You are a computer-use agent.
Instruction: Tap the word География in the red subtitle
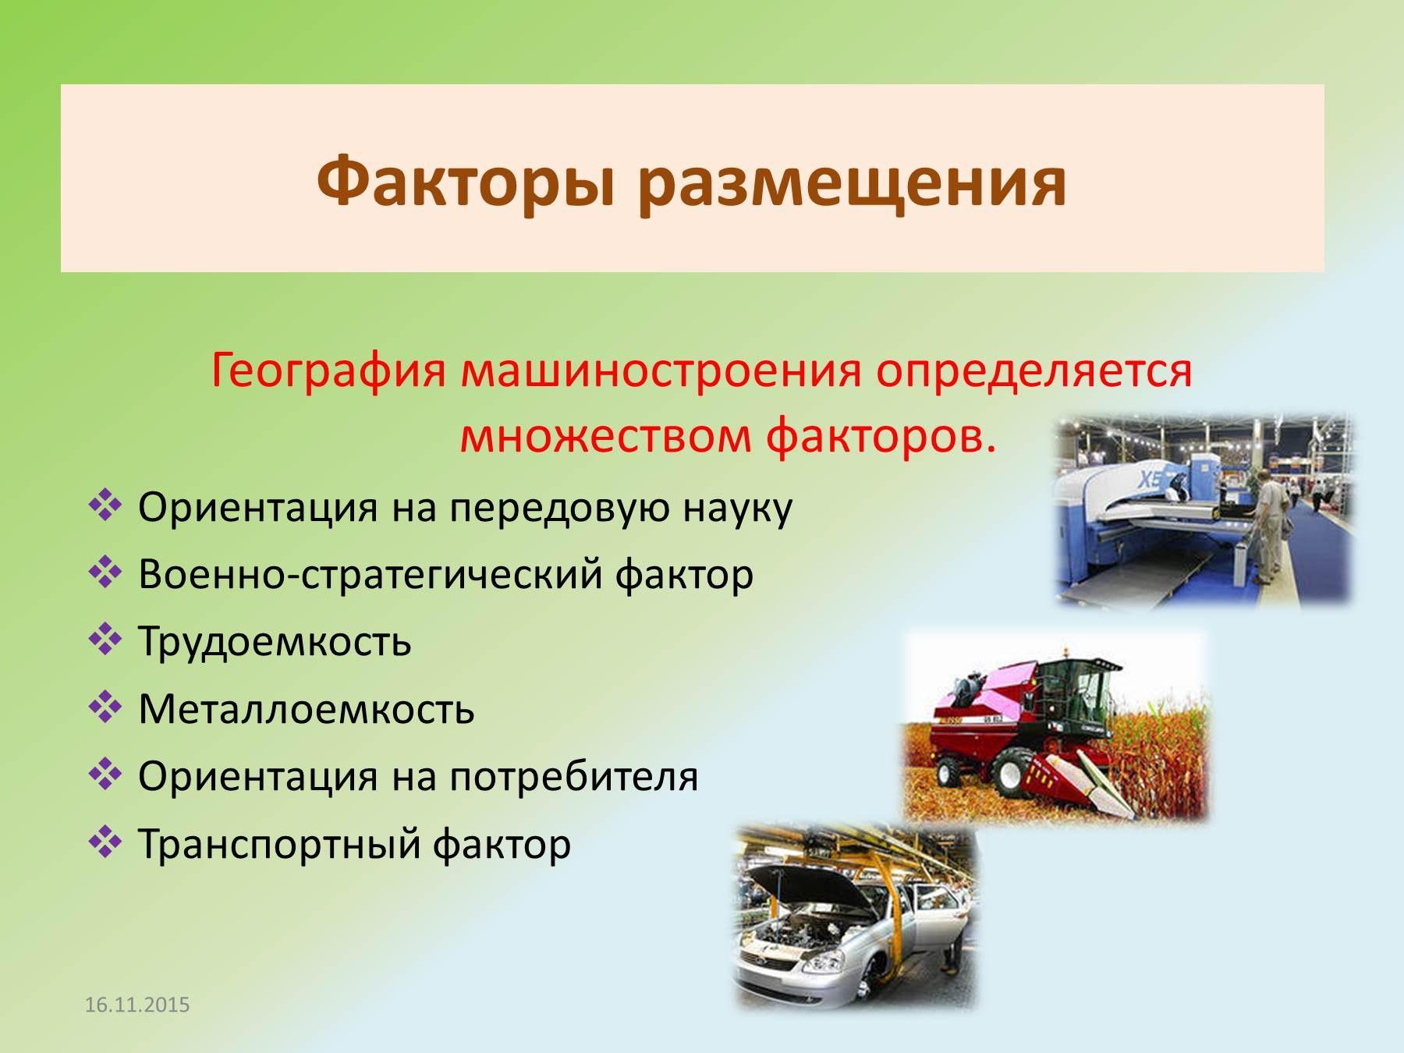click(328, 371)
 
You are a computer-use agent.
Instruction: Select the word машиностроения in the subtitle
click(662, 370)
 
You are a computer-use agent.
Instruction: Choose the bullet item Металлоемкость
click(306, 709)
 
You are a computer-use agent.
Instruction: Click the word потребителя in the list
click(573, 777)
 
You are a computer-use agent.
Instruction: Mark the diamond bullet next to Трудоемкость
click(105, 640)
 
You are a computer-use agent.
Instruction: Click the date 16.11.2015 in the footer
click(137, 1005)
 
